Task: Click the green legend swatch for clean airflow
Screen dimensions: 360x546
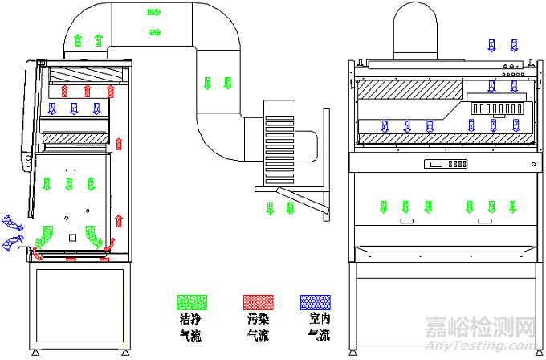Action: point(191,302)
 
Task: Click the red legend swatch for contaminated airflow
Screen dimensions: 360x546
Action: point(258,302)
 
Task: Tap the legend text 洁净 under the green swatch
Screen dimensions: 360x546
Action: point(191,319)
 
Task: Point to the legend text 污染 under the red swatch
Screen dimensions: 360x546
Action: point(258,319)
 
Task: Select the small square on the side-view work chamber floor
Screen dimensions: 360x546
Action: point(72,237)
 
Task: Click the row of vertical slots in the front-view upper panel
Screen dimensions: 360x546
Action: point(498,107)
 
